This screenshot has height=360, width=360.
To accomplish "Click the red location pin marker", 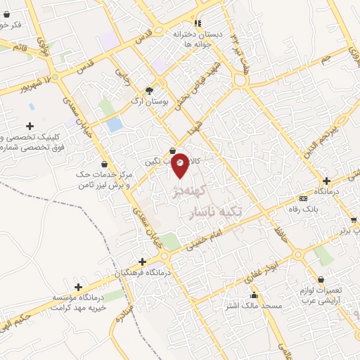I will (180, 164).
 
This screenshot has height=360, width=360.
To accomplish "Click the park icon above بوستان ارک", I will (148, 90).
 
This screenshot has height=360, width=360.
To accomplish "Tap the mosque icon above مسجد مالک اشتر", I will (253, 295).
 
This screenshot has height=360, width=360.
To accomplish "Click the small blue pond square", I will (114, 124).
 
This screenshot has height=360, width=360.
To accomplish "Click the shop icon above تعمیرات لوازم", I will (321, 279).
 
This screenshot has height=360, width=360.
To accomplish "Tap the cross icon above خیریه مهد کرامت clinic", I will (77, 287).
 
